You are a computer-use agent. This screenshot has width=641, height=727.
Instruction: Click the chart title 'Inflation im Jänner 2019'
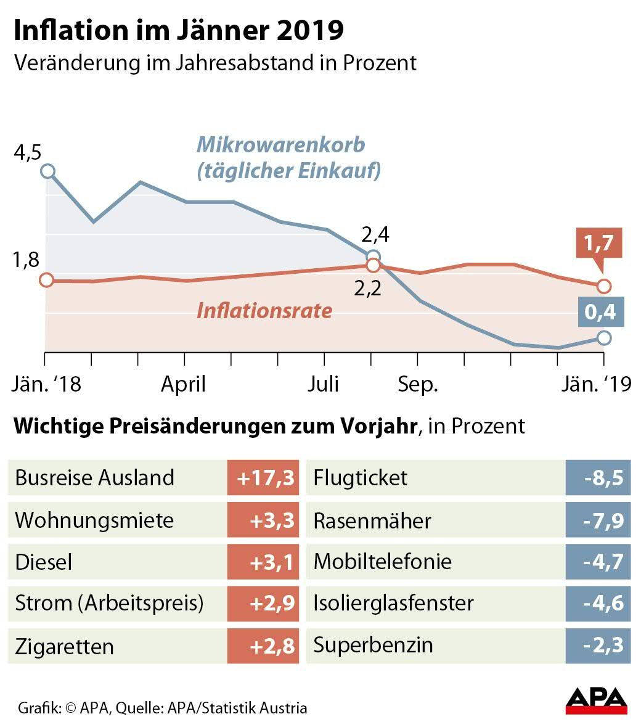click(179, 31)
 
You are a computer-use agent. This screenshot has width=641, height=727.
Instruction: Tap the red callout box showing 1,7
click(599, 243)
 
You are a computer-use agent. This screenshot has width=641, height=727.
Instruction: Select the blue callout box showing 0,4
click(600, 312)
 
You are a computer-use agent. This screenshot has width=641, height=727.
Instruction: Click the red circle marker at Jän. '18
click(46, 280)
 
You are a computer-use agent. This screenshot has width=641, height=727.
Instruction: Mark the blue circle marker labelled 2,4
click(373, 257)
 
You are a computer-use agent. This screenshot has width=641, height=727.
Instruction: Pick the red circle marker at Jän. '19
click(604, 285)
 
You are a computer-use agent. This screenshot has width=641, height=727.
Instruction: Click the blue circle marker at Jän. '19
click(604, 337)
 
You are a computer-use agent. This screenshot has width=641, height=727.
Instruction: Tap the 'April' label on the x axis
click(183, 384)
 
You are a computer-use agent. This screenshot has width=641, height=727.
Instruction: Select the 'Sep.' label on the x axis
click(417, 384)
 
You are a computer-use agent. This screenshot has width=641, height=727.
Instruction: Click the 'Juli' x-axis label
click(323, 384)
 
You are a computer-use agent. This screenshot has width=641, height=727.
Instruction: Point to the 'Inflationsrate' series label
click(264, 310)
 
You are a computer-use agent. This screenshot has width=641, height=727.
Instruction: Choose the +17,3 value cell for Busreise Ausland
click(263, 478)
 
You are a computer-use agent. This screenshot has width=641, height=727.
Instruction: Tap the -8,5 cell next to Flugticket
click(598, 478)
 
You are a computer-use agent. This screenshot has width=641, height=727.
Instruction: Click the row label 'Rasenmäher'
click(372, 520)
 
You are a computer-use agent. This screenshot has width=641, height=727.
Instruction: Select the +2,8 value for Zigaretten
click(263, 646)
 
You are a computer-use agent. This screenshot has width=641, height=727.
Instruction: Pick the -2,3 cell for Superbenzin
click(598, 646)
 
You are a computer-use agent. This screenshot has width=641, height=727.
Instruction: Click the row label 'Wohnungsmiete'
click(94, 520)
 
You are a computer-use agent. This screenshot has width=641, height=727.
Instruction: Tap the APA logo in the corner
click(596, 700)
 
